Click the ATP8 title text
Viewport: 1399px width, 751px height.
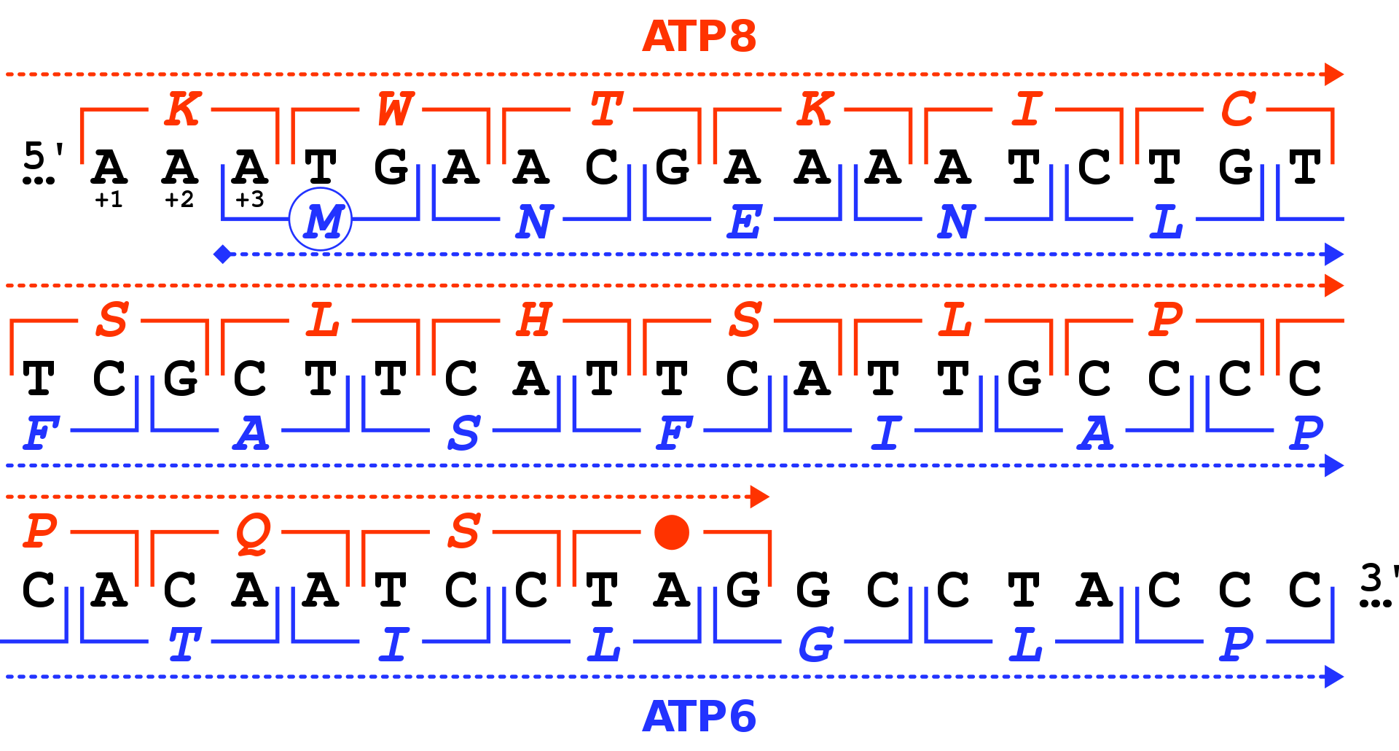pos(699,36)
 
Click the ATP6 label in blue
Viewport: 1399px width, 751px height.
pos(699,717)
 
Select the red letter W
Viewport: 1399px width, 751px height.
pos(395,109)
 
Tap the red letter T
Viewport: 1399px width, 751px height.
pos(606,109)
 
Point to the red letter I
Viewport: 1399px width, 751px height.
pos(1027,109)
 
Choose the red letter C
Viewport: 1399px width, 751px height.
pos(1238,109)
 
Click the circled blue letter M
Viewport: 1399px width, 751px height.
pos(321,219)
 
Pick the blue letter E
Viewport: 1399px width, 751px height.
pos(745,222)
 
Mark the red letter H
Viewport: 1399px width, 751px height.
pos(534,320)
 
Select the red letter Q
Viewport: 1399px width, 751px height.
pos(253,533)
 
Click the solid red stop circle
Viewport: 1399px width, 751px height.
pos(672,532)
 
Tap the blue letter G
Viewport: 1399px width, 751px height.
pos(815,645)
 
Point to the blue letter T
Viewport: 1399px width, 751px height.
pos(184,645)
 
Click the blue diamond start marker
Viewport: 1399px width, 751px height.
pos(223,254)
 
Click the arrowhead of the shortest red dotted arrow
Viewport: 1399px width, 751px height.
pos(759,497)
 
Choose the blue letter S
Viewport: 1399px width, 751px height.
pos(464,433)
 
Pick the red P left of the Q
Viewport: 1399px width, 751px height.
pos(41,530)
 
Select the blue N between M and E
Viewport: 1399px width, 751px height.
pos(534,222)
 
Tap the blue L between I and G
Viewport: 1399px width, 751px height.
pos(605,645)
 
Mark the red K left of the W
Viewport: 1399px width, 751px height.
pos(182,109)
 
